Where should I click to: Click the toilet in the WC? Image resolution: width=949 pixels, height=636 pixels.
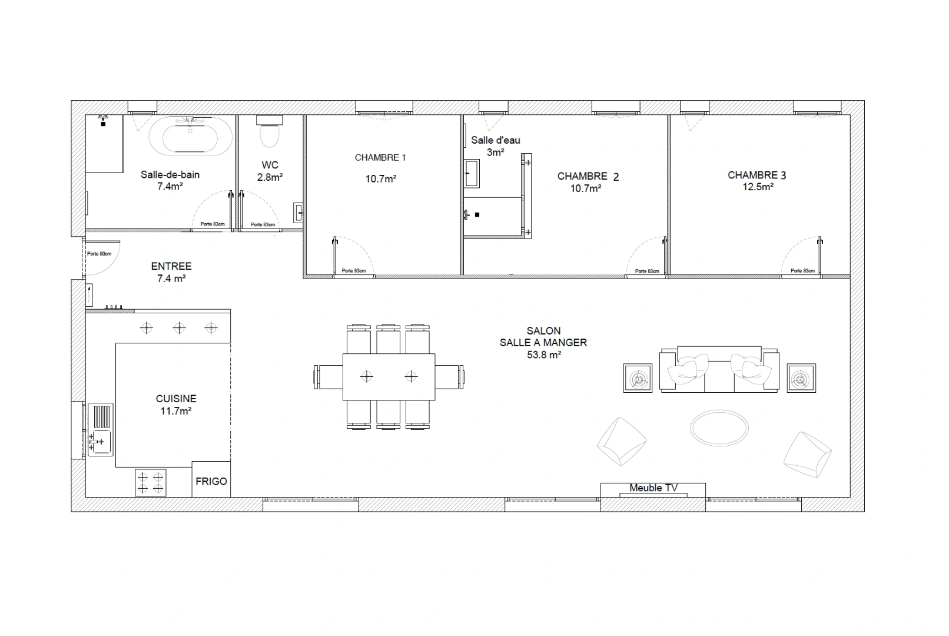(270, 131)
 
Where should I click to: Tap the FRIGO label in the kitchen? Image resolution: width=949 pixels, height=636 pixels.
(211, 481)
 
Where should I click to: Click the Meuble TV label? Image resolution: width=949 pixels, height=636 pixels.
(653, 488)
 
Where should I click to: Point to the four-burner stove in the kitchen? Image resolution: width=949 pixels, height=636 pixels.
(150, 483)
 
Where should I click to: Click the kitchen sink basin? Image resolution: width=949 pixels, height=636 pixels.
(101, 442)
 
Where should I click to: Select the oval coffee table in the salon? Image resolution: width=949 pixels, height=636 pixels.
(719, 428)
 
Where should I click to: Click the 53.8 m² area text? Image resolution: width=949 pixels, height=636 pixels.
(544, 355)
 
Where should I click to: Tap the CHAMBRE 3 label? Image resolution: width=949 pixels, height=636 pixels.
(756, 175)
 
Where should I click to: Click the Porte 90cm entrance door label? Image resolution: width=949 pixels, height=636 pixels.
(99, 254)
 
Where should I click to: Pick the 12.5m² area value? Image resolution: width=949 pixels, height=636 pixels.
(758, 187)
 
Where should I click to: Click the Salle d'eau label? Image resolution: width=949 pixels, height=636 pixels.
(496, 140)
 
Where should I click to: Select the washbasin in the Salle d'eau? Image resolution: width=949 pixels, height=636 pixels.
(472, 173)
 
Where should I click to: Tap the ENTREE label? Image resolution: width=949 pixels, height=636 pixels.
(171, 266)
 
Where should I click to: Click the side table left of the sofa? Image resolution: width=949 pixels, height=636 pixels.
(638, 378)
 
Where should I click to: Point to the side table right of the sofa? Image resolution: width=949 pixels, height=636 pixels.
(801, 378)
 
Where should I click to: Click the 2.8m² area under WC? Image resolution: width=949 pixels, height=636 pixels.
(270, 177)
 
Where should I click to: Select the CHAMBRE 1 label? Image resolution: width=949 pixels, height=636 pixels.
(380, 158)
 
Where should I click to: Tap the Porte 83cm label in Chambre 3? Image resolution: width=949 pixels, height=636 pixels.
(802, 271)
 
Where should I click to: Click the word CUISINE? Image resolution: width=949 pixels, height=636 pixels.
(176, 399)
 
